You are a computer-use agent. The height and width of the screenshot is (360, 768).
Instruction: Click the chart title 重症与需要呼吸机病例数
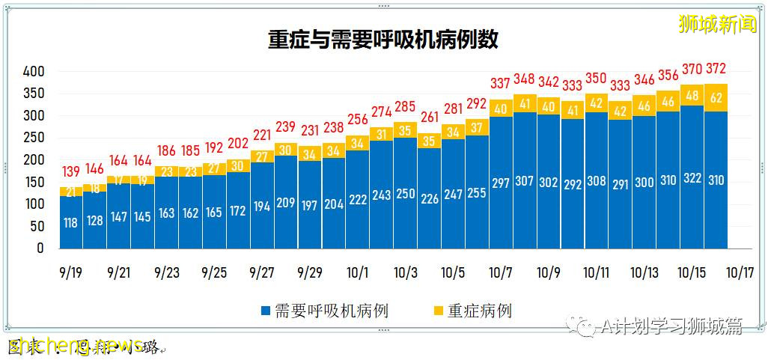coord(383,39)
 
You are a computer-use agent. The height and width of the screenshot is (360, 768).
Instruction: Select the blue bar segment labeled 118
coord(71,222)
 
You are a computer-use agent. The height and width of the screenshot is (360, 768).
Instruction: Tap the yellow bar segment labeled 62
coord(716,97)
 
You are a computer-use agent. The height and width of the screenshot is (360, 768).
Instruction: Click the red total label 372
coord(716,69)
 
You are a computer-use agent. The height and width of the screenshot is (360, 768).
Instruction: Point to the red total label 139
coord(71,172)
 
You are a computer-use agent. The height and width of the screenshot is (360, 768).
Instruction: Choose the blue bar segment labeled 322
coord(692,180)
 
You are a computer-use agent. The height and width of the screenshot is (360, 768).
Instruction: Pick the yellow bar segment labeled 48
coord(692,96)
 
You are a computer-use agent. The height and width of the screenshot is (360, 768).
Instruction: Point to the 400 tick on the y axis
coord(34,72)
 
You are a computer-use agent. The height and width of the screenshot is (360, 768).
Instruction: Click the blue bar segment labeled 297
coord(501,183)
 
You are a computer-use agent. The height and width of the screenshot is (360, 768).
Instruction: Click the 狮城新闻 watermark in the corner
coord(717,24)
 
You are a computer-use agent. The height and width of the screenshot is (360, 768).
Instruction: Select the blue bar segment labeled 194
coord(262,206)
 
